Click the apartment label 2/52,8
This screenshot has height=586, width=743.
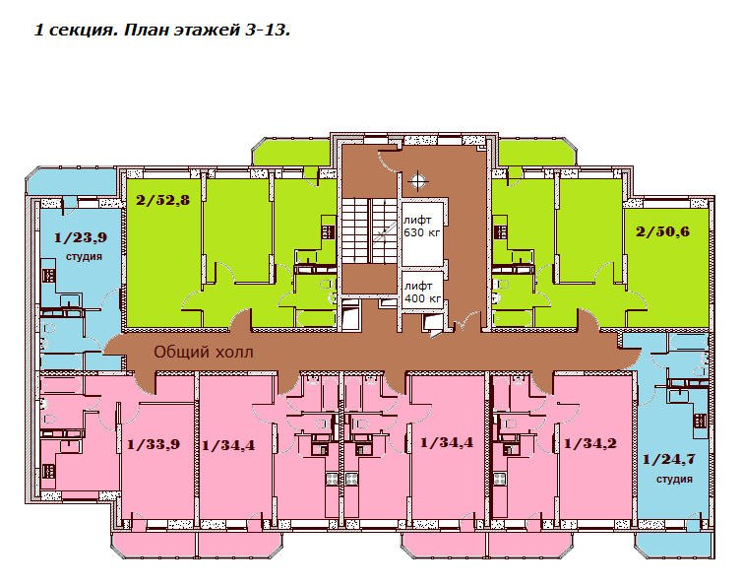(162, 200)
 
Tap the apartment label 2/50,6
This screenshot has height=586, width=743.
(662, 231)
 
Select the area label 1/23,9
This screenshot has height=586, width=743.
(80, 237)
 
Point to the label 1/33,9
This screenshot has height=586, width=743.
(154, 444)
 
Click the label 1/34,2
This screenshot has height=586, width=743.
(589, 443)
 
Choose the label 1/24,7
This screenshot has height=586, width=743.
(668, 459)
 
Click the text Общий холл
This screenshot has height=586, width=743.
(204, 352)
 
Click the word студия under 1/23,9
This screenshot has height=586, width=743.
(84, 256)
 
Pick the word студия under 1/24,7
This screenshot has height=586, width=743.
(674, 480)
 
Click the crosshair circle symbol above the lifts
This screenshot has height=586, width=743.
(417, 180)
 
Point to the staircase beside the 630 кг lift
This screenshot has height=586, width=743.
(370, 230)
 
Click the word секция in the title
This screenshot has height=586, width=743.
(83, 31)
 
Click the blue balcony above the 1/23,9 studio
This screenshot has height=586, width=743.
(71, 181)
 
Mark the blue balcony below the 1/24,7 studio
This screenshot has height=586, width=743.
(673, 546)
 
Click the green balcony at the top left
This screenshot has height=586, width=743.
(290, 153)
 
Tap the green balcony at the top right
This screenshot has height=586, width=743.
(537, 153)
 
